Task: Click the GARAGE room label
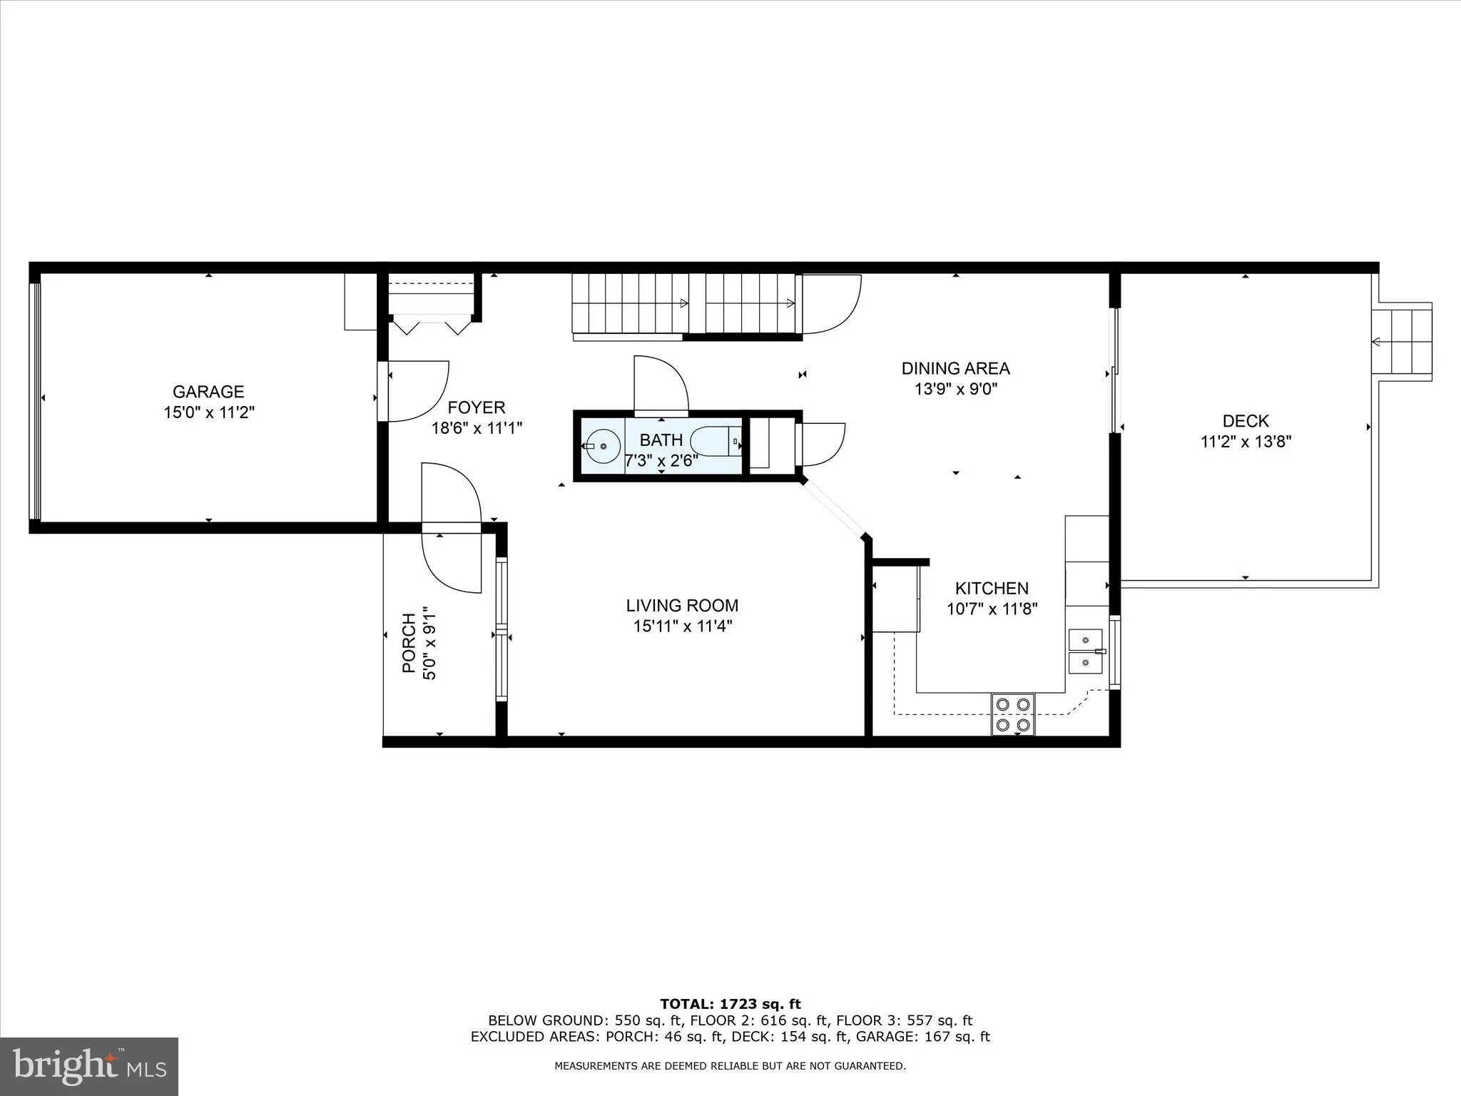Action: pyautogui.click(x=208, y=391)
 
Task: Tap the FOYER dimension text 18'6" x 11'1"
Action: pyautogui.click(x=477, y=428)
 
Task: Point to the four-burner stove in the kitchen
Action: pyautogui.click(x=1013, y=714)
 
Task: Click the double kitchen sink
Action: pyautogui.click(x=1085, y=651)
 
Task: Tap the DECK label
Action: pyautogui.click(x=1246, y=421)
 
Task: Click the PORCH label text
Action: pyautogui.click(x=409, y=643)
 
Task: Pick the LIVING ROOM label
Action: pyautogui.click(x=682, y=605)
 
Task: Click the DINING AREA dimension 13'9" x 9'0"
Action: pyautogui.click(x=955, y=390)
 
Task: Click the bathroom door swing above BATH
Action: pyautogui.click(x=661, y=385)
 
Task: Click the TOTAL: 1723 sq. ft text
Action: pyautogui.click(x=730, y=1004)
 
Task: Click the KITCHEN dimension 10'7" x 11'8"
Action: pyautogui.click(x=992, y=609)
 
